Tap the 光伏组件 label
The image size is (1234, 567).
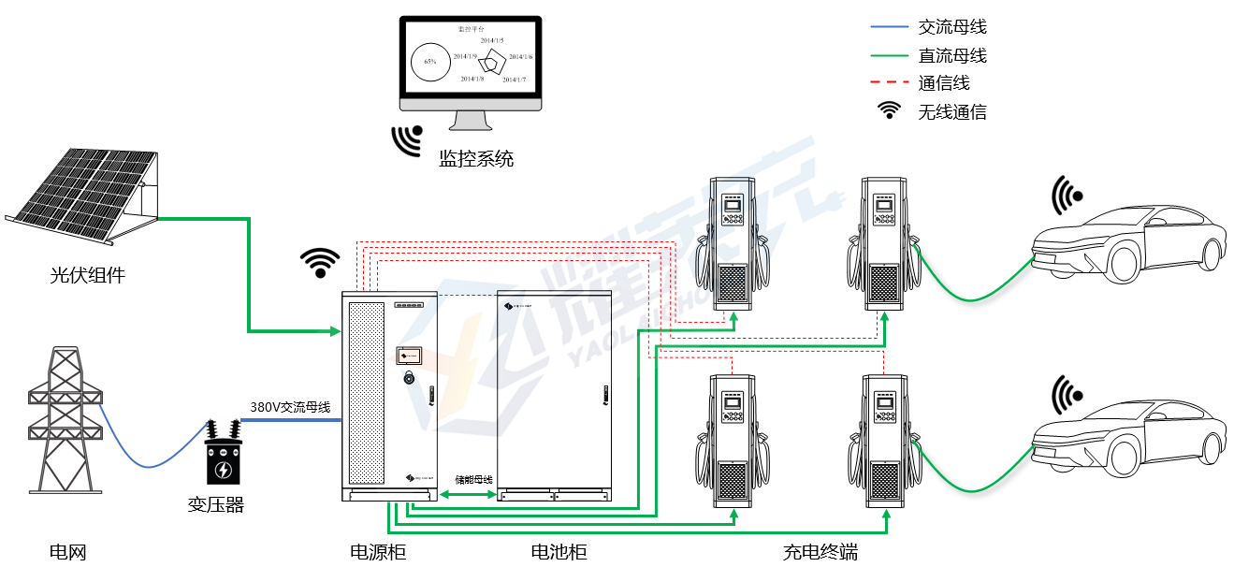click(x=87, y=276)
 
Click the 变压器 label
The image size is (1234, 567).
click(x=216, y=505)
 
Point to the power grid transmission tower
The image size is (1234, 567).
click(x=65, y=421)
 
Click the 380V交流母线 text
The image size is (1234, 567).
click(x=290, y=407)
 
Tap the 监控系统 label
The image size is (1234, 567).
click(x=476, y=159)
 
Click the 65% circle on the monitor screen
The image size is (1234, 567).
click(x=430, y=62)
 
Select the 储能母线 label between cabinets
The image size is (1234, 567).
click(x=473, y=479)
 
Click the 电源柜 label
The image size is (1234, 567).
click(x=378, y=552)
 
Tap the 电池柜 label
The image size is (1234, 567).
click(x=559, y=552)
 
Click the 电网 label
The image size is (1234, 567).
click(x=68, y=552)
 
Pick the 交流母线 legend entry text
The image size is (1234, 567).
click(x=952, y=27)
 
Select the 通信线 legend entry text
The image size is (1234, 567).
click(x=944, y=83)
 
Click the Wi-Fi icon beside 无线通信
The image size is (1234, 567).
click(x=889, y=110)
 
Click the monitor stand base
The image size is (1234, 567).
click(x=471, y=126)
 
